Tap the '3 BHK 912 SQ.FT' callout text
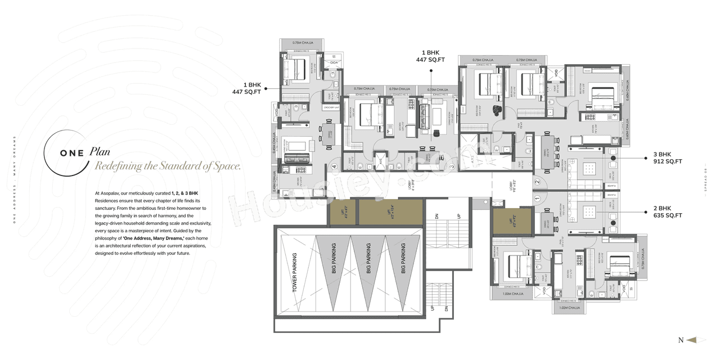click(x=667, y=158)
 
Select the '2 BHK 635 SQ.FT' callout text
click(x=667, y=212)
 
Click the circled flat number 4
click(x=334, y=166)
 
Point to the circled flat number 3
click(x=452, y=166)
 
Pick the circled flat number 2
click(x=537, y=182)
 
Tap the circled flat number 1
click(x=537, y=198)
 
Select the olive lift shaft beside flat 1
click(x=511, y=220)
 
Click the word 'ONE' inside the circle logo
click(x=72, y=153)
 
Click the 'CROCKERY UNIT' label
click(x=330, y=107)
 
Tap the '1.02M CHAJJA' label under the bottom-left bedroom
click(x=513, y=294)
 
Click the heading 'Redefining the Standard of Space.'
click(x=168, y=166)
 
